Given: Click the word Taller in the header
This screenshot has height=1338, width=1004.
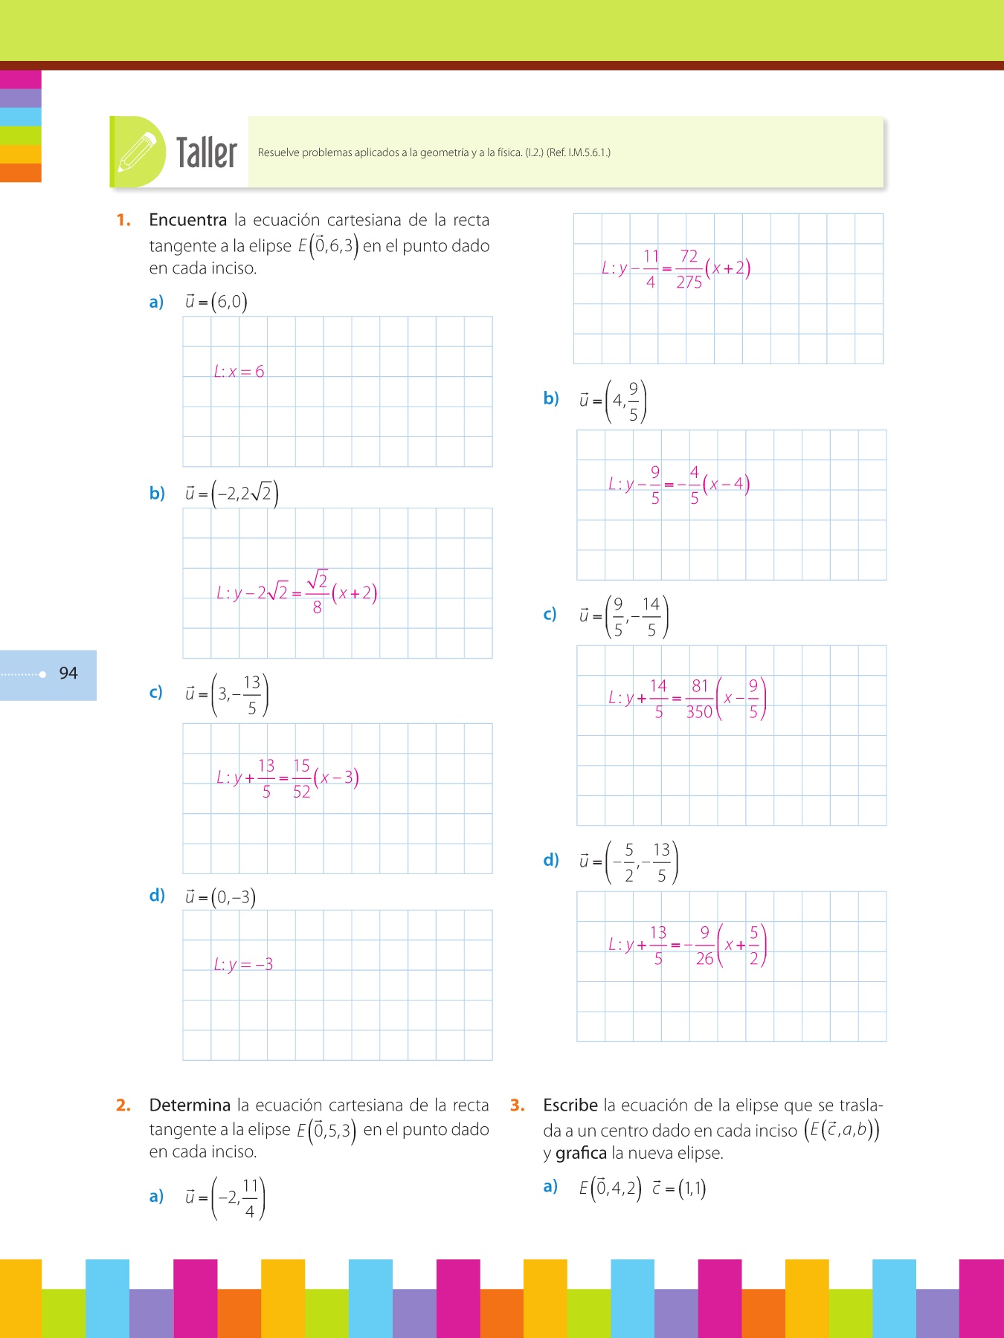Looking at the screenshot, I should (206, 153).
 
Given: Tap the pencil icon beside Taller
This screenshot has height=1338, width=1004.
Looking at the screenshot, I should (138, 152).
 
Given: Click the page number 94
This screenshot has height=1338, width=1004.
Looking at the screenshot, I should (68, 673).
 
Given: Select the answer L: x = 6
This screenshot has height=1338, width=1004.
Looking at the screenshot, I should (239, 372).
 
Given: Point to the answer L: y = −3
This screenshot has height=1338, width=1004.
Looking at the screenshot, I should (243, 965).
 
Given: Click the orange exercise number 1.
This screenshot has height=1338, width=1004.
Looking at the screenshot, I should (123, 220).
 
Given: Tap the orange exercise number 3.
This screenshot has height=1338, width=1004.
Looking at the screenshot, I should (517, 1105).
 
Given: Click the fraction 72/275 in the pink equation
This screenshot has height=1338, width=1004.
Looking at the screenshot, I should (689, 269).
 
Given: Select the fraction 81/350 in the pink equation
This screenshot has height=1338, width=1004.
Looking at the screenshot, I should (699, 699).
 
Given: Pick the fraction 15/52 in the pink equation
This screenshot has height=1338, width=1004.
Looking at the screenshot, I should (301, 779).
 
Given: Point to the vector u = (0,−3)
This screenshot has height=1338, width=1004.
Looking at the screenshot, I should (220, 898).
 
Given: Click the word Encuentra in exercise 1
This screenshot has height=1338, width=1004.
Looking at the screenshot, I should (187, 220).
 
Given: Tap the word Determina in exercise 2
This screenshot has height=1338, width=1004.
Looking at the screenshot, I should (190, 1105).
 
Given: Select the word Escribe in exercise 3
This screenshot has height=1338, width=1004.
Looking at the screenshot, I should (570, 1105).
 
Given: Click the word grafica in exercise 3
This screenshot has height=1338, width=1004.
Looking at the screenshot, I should (581, 1153).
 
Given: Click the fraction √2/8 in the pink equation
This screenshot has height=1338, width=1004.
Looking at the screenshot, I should (318, 592).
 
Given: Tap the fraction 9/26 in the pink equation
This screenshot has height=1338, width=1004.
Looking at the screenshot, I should (704, 946).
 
